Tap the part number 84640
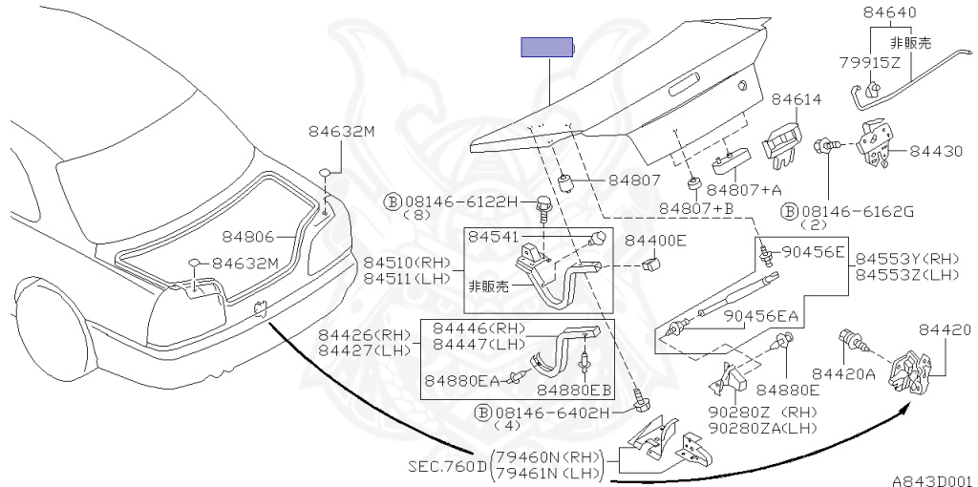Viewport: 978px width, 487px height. coord(889,13)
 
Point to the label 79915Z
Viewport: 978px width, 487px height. coord(870,63)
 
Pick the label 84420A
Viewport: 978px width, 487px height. coord(843,373)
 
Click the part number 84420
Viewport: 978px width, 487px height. coord(946,330)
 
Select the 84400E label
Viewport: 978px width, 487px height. coord(655,241)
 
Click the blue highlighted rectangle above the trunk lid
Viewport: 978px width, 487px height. coord(546,48)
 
